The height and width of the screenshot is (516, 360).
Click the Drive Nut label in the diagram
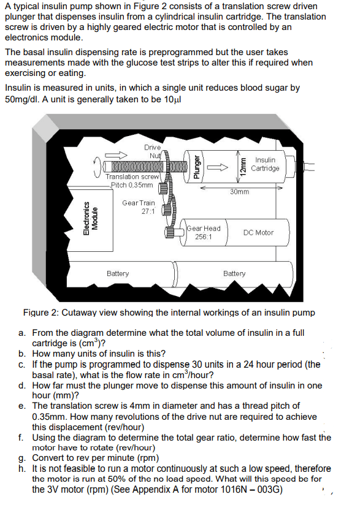(152, 151)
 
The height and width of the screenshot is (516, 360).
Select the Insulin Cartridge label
(266, 164)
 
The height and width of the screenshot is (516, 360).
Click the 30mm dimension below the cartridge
(239, 192)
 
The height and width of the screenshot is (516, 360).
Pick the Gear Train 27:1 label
(139, 207)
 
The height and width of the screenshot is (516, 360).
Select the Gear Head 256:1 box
(203, 232)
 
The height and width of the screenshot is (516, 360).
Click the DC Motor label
(258, 233)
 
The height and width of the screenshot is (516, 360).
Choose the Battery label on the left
(118, 273)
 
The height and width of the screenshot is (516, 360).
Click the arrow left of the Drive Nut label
(115, 154)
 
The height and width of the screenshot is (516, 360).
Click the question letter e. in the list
(22, 406)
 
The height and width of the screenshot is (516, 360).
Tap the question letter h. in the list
(22, 469)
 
